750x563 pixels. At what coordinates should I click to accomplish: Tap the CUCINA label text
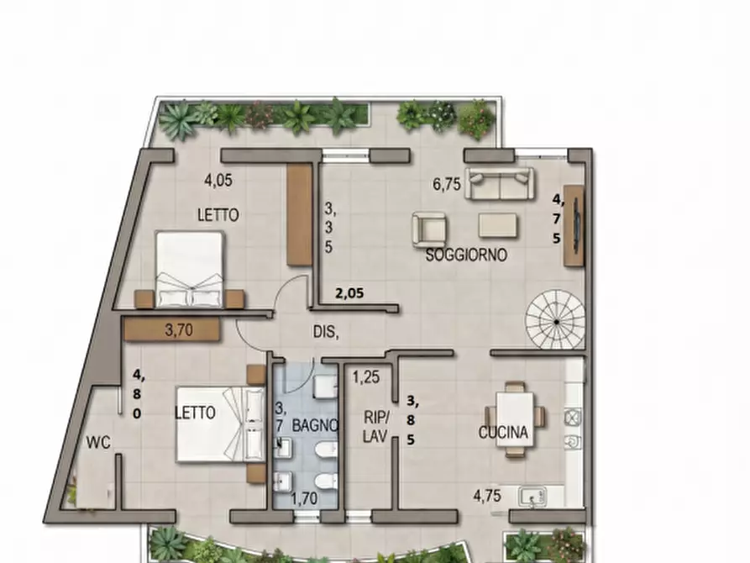(x=503, y=432)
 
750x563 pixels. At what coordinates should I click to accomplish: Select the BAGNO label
(x=315, y=425)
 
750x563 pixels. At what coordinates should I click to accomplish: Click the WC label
(x=98, y=442)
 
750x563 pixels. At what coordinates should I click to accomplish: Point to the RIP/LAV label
(x=377, y=427)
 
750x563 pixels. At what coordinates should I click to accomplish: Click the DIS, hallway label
(x=326, y=332)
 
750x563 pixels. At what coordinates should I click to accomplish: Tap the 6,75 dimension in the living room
(x=447, y=184)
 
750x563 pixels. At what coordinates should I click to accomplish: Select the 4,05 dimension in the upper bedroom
(x=218, y=181)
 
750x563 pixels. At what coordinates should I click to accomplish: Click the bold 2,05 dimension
(x=349, y=293)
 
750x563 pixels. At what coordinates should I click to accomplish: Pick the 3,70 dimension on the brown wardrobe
(x=178, y=330)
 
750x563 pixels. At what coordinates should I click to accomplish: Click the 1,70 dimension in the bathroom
(x=304, y=499)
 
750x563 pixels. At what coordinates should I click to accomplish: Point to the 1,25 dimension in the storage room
(x=366, y=377)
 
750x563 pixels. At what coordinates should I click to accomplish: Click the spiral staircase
(x=555, y=318)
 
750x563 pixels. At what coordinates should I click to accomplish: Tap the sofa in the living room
(x=501, y=184)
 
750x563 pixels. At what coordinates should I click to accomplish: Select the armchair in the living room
(x=430, y=229)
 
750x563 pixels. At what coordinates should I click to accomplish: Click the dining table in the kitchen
(x=515, y=419)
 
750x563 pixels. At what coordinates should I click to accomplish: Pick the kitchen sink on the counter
(x=532, y=496)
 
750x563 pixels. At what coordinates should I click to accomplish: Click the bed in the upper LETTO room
(x=191, y=269)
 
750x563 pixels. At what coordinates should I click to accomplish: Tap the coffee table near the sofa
(x=498, y=225)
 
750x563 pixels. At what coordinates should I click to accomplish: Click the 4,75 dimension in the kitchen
(x=487, y=496)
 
